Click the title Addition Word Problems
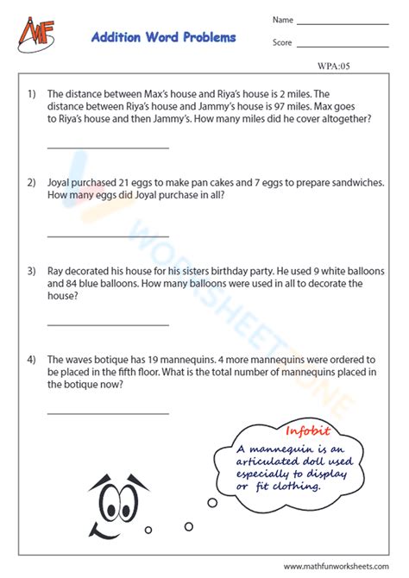[x=163, y=38]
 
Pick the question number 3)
[x=31, y=271]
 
